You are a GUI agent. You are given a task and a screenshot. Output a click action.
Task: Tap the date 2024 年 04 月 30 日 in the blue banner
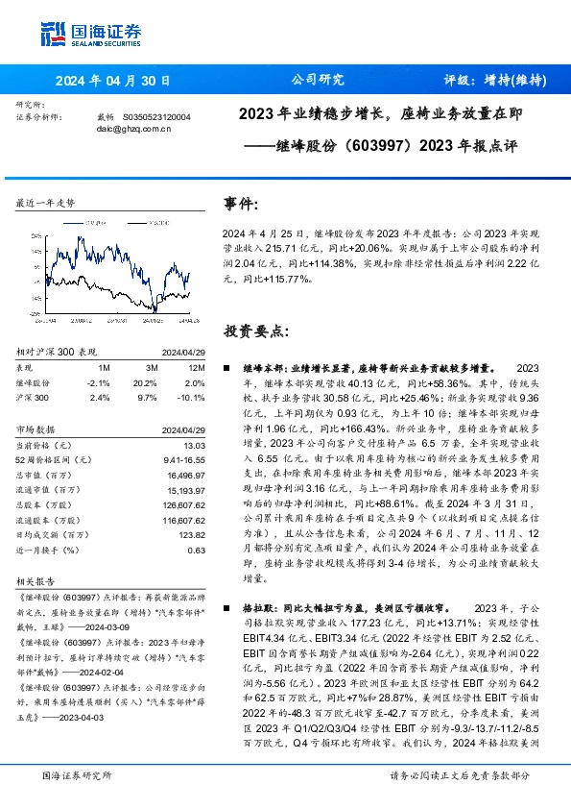click(x=113, y=80)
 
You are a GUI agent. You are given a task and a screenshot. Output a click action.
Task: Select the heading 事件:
click(x=241, y=205)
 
